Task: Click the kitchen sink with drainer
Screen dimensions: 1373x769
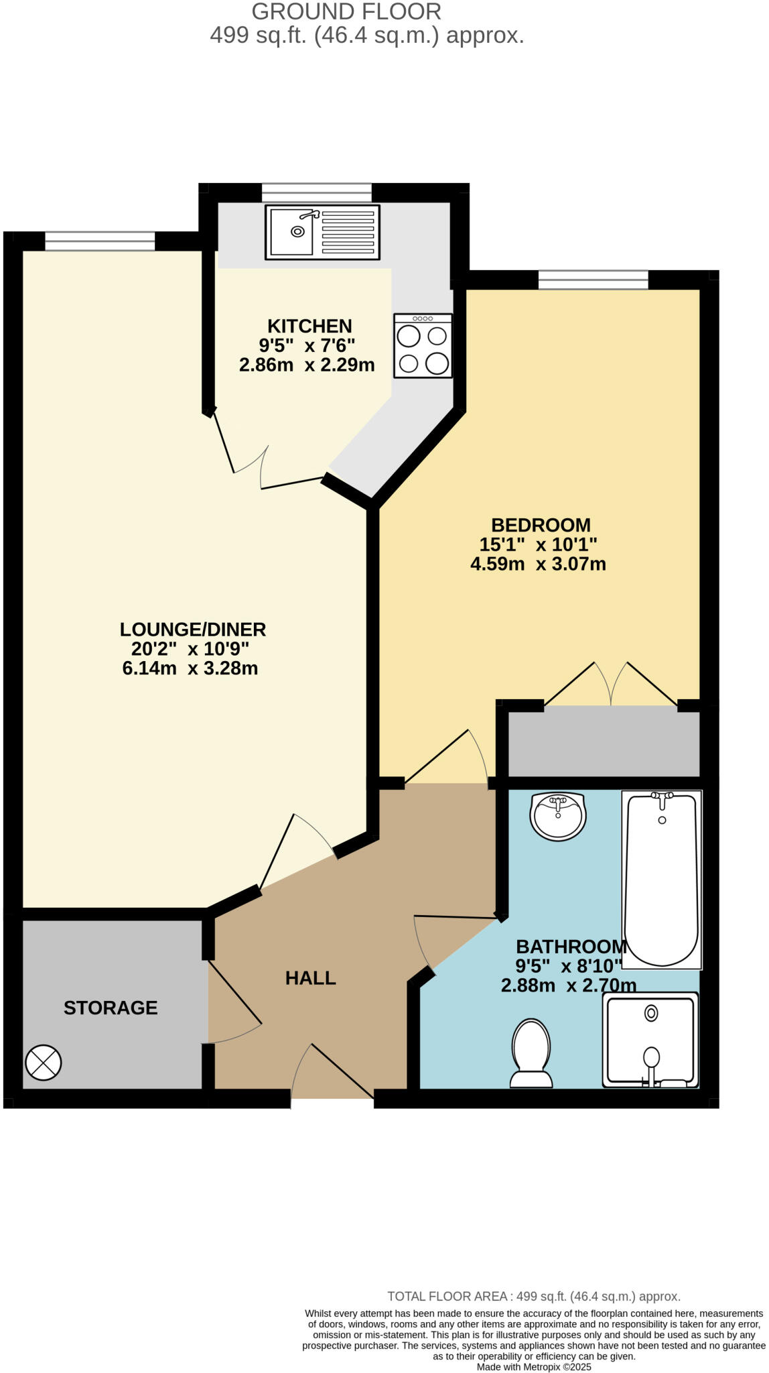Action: point(322,232)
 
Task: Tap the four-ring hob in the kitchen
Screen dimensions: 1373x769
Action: point(423,346)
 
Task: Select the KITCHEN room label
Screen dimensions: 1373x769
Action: point(309,326)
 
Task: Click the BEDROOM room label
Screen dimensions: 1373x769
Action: point(541,525)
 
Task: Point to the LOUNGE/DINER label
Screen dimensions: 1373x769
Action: point(193,630)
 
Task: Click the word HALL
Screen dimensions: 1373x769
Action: point(310,978)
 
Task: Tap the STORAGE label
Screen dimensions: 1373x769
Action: point(111,1008)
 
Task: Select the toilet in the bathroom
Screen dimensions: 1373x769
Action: point(531,1053)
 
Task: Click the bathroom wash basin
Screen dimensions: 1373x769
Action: point(558,816)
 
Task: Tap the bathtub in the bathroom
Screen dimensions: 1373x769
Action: point(662,879)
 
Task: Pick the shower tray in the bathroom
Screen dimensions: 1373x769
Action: point(650,1040)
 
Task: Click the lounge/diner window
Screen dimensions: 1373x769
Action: point(100,241)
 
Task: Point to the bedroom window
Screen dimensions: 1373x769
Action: point(593,280)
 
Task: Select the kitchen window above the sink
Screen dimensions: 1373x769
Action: point(316,192)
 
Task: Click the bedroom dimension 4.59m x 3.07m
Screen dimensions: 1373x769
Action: point(538,564)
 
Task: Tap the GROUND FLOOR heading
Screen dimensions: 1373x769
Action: point(346,11)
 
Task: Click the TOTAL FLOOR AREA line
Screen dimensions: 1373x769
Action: point(533,1296)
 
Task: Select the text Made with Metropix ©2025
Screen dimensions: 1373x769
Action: point(533,1366)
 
